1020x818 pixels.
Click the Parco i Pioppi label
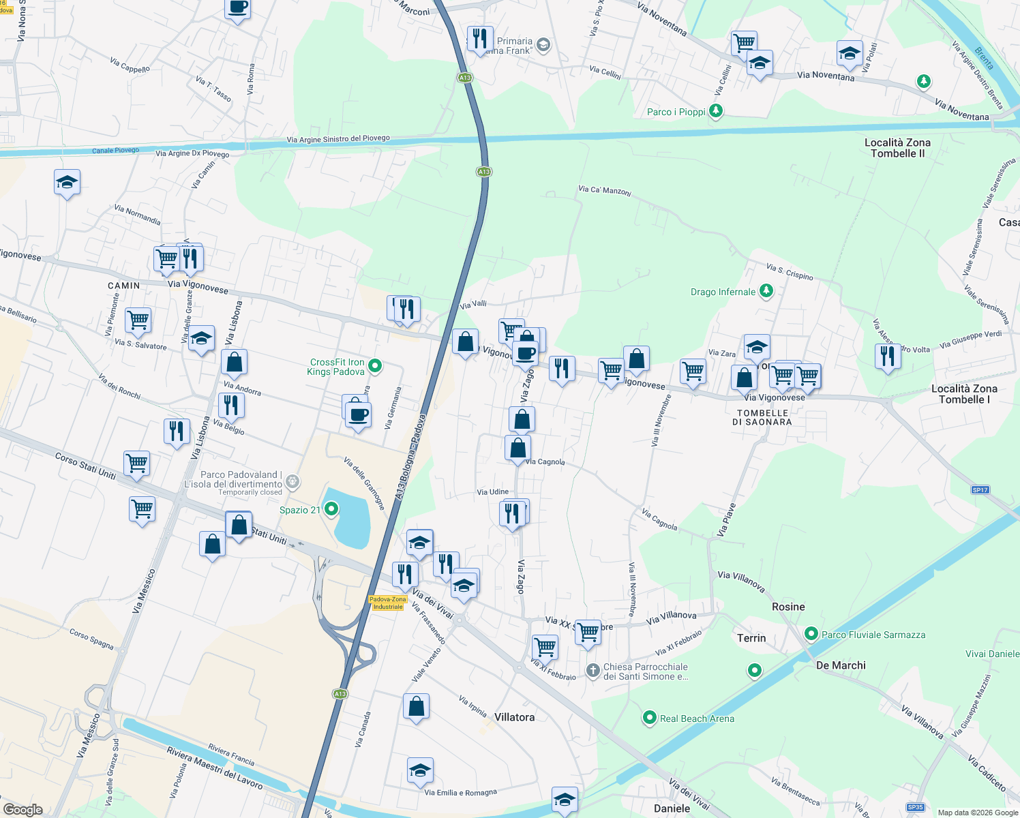[x=676, y=112]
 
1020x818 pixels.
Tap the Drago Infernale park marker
[x=766, y=291]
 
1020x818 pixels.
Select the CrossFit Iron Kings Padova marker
[x=374, y=367]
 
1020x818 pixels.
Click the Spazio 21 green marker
[x=331, y=509]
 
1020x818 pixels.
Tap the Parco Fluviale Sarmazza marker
[x=811, y=634]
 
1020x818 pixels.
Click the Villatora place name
[x=514, y=717]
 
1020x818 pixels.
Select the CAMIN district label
[x=124, y=286]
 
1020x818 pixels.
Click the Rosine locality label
[x=788, y=607]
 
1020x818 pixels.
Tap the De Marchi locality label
[x=841, y=665]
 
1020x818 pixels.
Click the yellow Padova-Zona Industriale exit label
[x=388, y=603]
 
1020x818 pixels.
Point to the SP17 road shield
[x=980, y=490]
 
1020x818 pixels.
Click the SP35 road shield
[x=916, y=807]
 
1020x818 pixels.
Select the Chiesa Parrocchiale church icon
[x=593, y=671]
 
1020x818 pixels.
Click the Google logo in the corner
[x=22, y=809]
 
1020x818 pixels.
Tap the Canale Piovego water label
[x=115, y=151]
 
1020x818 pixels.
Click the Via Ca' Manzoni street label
[x=605, y=190]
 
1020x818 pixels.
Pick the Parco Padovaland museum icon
[x=292, y=483]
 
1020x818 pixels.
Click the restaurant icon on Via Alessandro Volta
[x=888, y=357]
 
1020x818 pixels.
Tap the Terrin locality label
[x=751, y=638]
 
